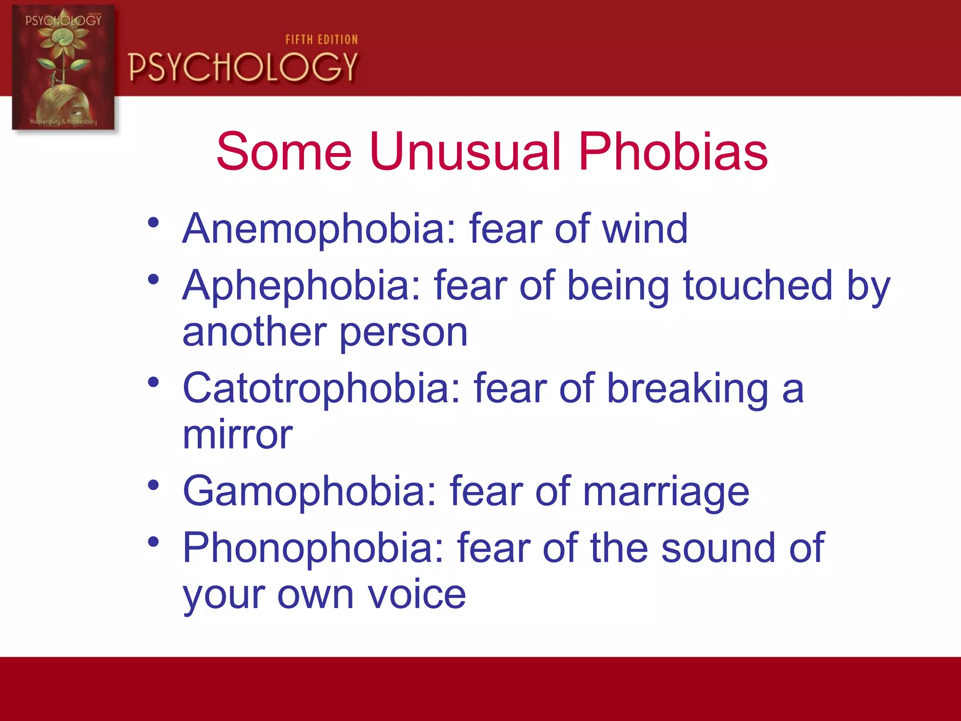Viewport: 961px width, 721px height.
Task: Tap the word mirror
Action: click(237, 435)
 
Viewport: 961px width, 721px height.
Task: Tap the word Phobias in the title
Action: click(673, 152)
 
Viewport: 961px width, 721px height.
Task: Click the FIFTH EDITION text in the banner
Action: click(321, 40)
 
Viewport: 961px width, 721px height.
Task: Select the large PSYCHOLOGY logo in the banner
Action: click(243, 67)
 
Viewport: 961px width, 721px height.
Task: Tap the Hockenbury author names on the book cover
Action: click(63, 122)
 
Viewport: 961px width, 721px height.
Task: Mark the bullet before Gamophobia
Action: click(153, 485)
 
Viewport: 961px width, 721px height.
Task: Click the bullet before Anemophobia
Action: click(153, 222)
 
